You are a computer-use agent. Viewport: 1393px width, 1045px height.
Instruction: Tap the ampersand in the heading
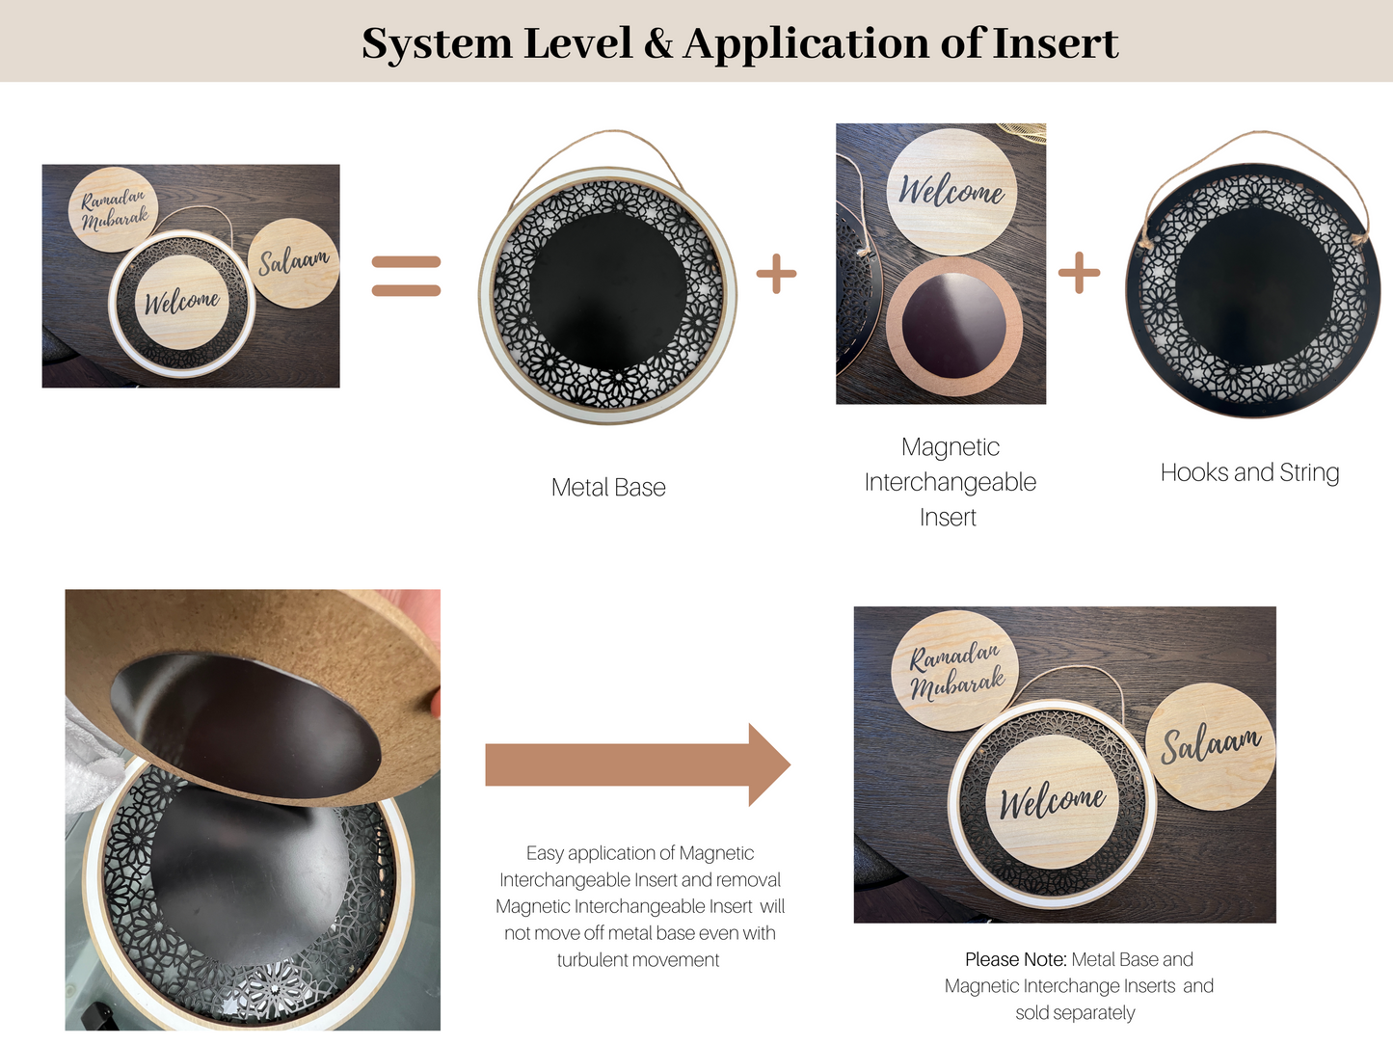click(658, 44)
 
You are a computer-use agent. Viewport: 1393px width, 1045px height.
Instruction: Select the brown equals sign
click(406, 276)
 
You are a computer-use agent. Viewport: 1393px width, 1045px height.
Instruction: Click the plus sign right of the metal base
click(776, 274)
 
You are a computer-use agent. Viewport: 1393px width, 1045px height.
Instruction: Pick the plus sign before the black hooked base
click(1079, 273)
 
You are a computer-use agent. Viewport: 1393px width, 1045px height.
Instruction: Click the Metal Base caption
click(608, 488)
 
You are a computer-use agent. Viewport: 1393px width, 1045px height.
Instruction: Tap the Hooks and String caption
click(1249, 472)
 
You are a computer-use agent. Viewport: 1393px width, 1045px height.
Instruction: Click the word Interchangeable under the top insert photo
click(950, 482)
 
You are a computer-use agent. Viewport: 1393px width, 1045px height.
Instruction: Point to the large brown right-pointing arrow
click(637, 764)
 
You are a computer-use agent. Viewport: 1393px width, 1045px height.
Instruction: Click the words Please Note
click(1015, 959)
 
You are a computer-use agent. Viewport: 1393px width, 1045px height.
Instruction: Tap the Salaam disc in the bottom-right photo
click(1211, 745)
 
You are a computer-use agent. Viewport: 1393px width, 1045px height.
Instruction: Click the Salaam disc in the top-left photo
click(293, 262)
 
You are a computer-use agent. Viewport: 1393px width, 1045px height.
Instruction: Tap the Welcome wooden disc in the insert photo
click(951, 191)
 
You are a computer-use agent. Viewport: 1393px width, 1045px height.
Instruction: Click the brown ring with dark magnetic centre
click(953, 326)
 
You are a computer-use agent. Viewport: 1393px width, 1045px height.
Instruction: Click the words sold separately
click(1075, 1013)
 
